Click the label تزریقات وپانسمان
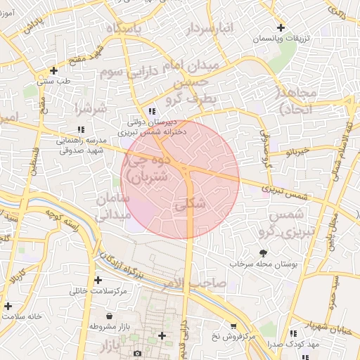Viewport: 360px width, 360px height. (281, 37)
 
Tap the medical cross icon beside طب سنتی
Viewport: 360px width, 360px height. (54, 70)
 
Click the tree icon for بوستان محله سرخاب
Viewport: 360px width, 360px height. (263, 252)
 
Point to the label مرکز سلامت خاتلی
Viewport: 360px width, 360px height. (98, 290)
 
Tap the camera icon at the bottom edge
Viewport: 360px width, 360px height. (137, 352)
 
